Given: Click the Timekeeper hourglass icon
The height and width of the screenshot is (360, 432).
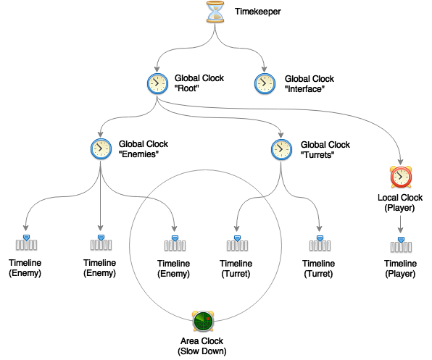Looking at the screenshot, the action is [x=215, y=12].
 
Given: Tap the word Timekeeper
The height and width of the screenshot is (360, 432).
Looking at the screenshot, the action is [x=257, y=12].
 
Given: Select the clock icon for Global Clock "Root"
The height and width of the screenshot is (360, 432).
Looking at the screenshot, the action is [x=157, y=84].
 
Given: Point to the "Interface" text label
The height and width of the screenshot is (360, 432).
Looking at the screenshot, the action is [x=304, y=89].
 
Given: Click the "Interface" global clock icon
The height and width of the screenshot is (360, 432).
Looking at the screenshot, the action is [x=265, y=84].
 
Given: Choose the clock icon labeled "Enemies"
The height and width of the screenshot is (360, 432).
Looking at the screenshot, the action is [x=101, y=149].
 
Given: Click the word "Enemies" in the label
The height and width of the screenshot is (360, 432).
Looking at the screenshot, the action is [x=138, y=154].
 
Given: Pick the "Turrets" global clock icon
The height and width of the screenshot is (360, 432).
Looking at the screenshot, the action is [x=281, y=150].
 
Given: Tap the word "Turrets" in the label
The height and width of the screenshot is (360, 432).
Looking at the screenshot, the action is [x=317, y=155].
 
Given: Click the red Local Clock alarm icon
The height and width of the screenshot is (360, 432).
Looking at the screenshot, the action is [x=401, y=177].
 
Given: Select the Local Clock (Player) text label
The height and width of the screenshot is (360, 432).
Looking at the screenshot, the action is [x=400, y=203].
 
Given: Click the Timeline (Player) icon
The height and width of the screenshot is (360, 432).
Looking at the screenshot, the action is [x=401, y=245].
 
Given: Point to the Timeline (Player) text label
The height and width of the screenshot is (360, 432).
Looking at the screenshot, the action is [x=400, y=269].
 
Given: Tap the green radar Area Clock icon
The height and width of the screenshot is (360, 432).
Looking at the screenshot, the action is [x=204, y=321].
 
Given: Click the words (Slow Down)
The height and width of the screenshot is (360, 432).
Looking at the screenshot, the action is [x=202, y=351].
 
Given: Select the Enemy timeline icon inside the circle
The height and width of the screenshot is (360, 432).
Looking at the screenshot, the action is [x=175, y=243].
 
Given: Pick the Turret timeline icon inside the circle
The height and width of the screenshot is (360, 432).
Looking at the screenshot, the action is [x=237, y=243].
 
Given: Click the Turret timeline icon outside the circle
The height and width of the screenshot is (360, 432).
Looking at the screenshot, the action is [x=320, y=243].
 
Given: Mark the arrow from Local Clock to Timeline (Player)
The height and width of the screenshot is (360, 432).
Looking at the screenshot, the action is [x=401, y=225].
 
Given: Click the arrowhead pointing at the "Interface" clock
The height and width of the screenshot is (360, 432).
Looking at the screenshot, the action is [x=265, y=69].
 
